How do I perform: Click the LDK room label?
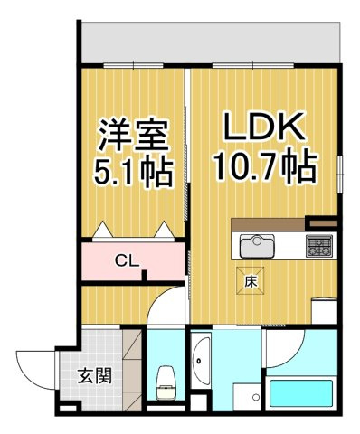coord(263,127)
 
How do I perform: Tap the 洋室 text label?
coord(133,135)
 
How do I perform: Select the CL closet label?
coord(128,261)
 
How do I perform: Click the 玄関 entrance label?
coord(95,375)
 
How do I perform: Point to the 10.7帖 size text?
coord(265,166)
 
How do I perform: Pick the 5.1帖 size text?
coord(133,173)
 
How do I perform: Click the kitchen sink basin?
coord(257,246)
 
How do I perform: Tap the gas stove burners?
coord(319,246)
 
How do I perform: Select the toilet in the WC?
coord(165,382)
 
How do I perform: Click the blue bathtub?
coord(301,393)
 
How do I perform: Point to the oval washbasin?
coord(201,361)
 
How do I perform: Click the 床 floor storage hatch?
coord(250,280)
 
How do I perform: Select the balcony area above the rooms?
coord(211,42)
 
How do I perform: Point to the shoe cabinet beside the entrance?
coord(132,370)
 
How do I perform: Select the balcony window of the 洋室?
coord(134,65)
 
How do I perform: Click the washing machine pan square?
coord(247,397)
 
